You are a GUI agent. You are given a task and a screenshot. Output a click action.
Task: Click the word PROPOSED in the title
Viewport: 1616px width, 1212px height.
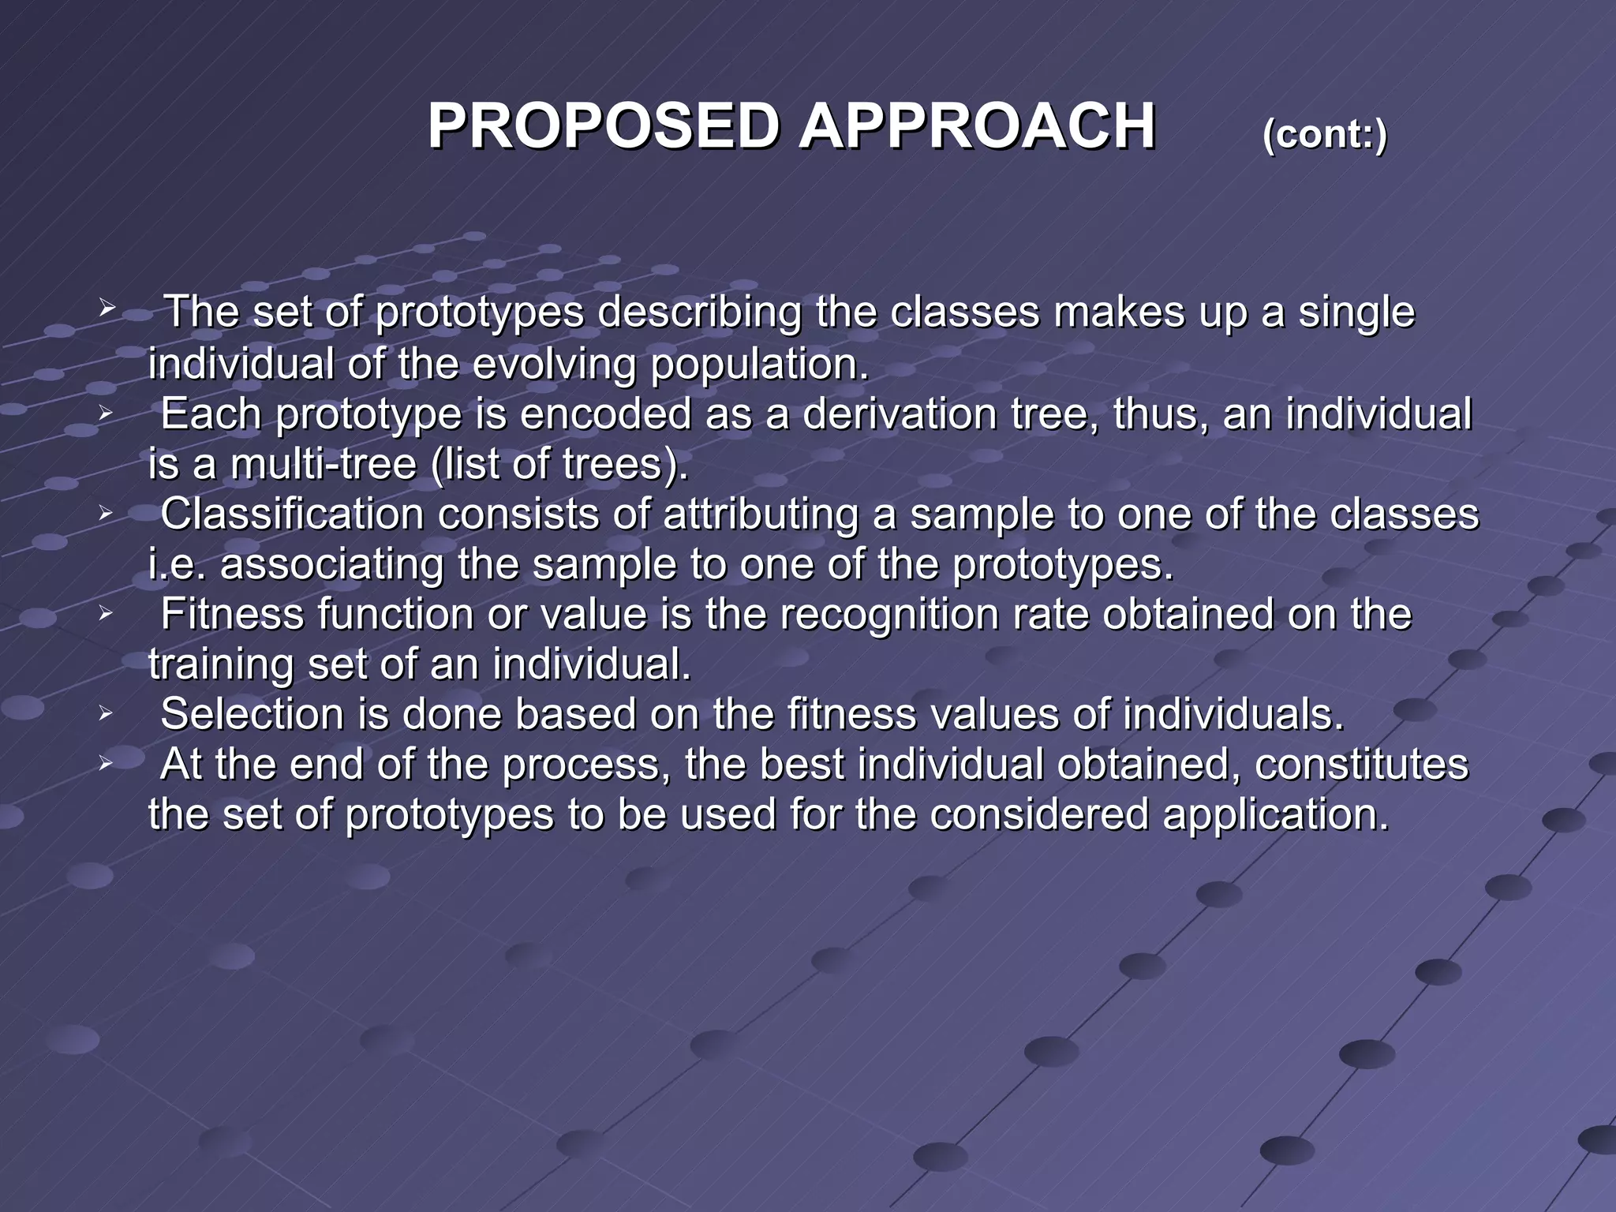click(604, 127)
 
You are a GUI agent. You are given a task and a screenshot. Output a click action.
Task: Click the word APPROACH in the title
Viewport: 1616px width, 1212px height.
click(977, 127)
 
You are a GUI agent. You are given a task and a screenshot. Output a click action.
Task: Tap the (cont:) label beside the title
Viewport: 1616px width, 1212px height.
click(1324, 134)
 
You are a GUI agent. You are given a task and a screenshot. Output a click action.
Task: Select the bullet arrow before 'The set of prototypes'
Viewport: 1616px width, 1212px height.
click(107, 308)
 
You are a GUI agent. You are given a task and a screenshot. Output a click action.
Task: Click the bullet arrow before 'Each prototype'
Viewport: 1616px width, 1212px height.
click(107, 412)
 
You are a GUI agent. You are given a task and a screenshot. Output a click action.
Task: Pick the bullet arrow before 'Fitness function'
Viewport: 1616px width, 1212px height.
click(107, 613)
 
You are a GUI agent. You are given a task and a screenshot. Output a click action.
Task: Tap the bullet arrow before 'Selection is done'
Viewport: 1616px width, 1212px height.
click(107, 714)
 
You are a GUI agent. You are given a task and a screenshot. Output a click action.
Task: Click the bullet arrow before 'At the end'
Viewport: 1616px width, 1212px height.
click(107, 764)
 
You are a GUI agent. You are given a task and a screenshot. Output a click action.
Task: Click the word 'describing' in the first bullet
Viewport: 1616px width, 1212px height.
click(699, 312)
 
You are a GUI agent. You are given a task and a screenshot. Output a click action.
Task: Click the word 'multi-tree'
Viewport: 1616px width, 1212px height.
click(323, 464)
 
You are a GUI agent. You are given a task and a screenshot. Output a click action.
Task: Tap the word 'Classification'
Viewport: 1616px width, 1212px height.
click(292, 514)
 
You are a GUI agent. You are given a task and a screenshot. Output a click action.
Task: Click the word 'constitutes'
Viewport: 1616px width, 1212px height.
click(1361, 765)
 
